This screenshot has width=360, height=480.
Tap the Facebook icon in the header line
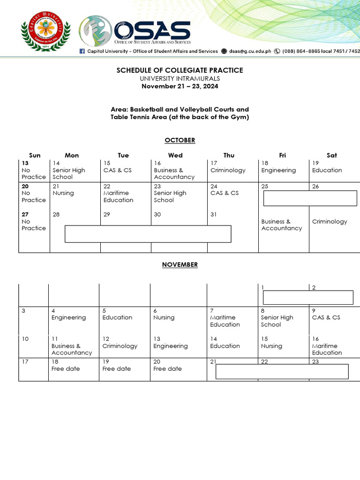82,51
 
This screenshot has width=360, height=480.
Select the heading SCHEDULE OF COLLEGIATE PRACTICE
180,70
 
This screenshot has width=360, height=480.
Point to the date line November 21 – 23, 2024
180,86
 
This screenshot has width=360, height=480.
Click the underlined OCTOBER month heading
180,140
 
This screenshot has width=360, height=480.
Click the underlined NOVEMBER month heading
180,264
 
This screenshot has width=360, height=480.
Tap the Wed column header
175,155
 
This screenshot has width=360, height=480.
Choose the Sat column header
332,155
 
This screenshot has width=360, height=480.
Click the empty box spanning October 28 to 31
148,234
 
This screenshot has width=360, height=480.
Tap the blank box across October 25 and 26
310,198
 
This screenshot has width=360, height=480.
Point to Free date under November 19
117,368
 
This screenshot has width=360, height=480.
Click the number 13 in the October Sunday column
25,163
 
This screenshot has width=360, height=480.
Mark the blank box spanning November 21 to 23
282,371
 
